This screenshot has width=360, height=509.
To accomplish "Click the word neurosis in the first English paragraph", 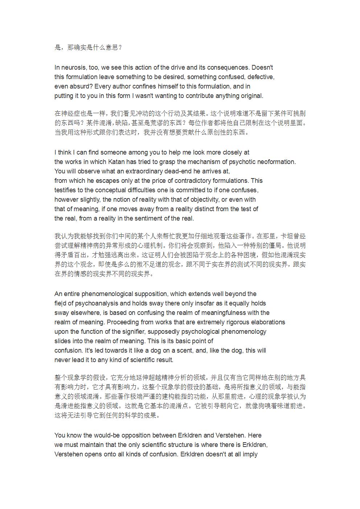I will (x=74, y=67).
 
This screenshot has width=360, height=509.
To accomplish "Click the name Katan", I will (x=115, y=162).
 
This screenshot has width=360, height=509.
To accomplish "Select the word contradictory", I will (x=192, y=181).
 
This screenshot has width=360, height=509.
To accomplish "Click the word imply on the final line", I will (x=250, y=454).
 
